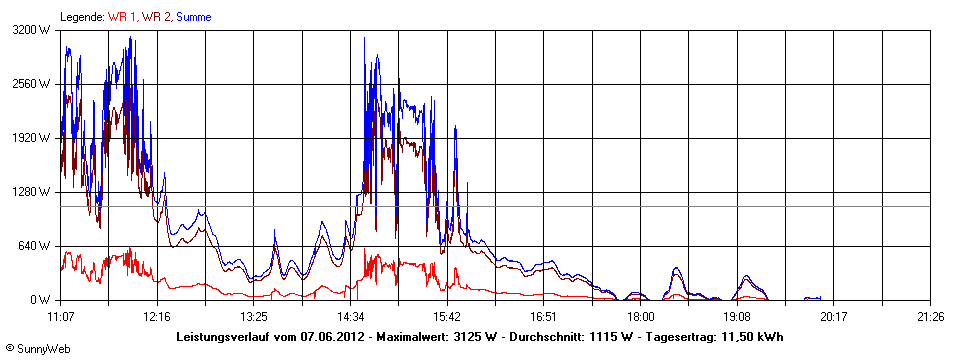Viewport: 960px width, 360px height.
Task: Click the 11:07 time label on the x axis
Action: pos(60,315)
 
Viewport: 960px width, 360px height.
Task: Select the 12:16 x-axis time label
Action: pos(157,315)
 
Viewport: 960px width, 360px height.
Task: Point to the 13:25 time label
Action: pos(254,315)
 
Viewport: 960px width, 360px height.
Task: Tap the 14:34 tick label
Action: pos(350,315)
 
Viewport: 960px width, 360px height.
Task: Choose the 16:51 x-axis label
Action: pos(544,315)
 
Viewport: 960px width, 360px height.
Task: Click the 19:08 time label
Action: pos(737,315)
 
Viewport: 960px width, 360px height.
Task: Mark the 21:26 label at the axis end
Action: pos(930,315)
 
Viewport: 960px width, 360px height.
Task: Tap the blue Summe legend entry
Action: pos(193,17)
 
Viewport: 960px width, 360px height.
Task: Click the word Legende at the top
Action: pos(82,17)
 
